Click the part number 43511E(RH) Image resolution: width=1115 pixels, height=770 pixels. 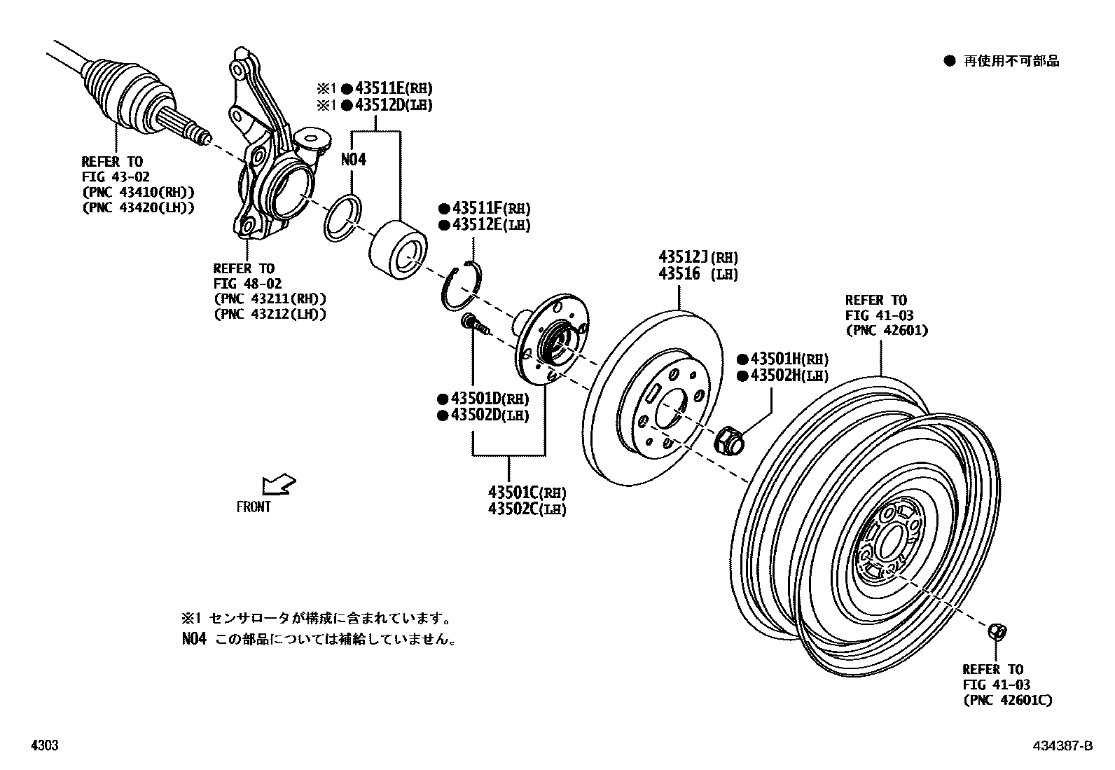click(x=394, y=88)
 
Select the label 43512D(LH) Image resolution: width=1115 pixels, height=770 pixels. click(x=394, y=105)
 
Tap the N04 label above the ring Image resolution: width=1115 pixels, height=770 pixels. click(x=354, y=160)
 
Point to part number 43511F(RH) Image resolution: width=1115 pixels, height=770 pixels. click(x=491, y=208)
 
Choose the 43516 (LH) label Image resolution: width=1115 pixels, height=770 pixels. click(x=698, y=274)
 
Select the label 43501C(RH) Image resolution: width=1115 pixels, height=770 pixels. click(x=527, y=493)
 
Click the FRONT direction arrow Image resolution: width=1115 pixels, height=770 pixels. click(x=278, y=485)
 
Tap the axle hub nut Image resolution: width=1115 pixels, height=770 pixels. click(x=728, y=440)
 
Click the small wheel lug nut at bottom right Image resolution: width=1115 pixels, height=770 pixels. click(x=996, y=631)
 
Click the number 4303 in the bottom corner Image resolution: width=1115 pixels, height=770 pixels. click(x=44, y=746)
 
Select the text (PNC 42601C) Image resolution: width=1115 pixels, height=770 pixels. click(x=1007, y=700)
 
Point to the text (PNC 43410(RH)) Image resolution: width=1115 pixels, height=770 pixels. click(x=138, y=193)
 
